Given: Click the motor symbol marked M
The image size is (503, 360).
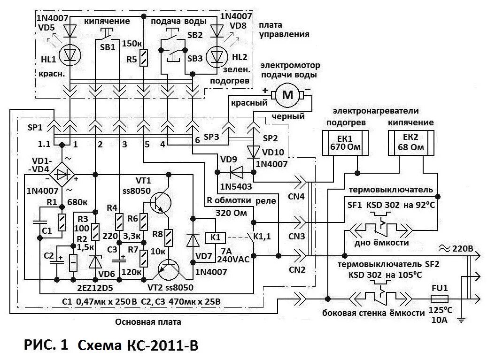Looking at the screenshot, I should point(287,96).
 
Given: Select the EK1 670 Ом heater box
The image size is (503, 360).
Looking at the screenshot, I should point(345,143).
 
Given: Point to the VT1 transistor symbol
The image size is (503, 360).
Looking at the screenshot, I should point(160,201).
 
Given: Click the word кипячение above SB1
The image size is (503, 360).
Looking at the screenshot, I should point(107,22).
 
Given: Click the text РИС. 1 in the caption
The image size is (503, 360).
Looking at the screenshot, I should point(45,346).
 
